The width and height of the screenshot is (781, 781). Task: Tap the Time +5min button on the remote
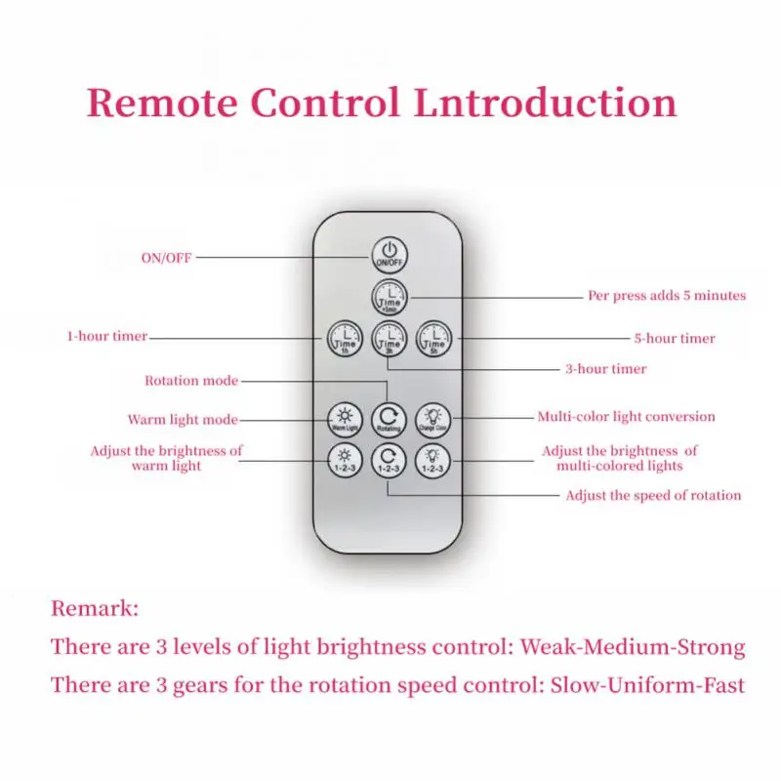(389, 296)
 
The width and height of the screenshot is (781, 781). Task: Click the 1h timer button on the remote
(343, 339)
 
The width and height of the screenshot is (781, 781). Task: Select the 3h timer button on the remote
(389, 339)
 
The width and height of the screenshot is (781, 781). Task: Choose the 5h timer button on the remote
(433, 339)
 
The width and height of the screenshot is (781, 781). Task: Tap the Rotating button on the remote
(389, 418)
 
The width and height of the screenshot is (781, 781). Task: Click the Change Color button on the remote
(433, 418)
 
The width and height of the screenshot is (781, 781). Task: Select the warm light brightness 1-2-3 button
(343, 460)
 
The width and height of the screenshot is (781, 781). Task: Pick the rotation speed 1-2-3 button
(389, 460)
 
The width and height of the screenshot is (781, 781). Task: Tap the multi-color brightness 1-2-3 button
(433, 460)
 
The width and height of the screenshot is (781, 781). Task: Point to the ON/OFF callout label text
(167, 258)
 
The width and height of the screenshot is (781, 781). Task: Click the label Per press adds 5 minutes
(667, 295)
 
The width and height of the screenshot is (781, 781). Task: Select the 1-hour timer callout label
(107, 337)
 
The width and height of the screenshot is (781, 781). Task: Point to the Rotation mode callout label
(191, 381)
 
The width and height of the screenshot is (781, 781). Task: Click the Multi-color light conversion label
(626, 417)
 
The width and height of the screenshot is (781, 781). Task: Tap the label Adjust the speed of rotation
(653, 496)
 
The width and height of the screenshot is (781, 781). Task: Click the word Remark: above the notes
(95, 609)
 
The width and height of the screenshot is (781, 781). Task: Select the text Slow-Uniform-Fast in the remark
(646, 684)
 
